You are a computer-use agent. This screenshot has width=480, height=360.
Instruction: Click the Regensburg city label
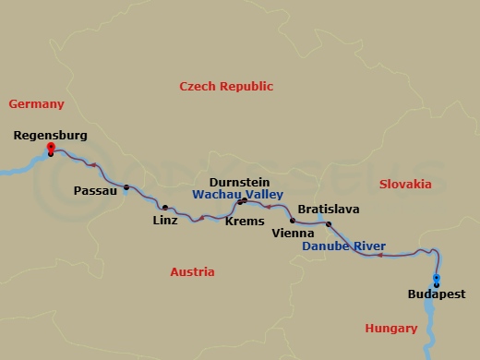tap(51, 136)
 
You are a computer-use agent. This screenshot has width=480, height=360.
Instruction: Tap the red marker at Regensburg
tap(51, 147)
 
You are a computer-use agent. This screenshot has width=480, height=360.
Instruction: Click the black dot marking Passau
tap(126, 188)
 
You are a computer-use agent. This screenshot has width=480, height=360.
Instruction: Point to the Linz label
tap(165, 222)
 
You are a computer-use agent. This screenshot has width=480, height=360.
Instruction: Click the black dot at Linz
tap(165, 208)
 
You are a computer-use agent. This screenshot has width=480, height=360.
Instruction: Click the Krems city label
tap(245, 222)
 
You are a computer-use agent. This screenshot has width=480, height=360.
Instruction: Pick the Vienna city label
tap(294, 234)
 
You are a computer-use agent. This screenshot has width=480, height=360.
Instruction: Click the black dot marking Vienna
tap(293, 221)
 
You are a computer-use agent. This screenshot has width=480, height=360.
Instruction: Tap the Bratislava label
tap(328, 210)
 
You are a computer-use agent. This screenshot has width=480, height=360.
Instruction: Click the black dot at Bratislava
tap(329, 223)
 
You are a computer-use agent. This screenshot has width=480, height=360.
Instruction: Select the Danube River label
tap(344, 246)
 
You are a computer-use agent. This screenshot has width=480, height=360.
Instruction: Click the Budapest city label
tap(436, 295)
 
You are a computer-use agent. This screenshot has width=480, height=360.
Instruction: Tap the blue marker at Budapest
tap(436, 278)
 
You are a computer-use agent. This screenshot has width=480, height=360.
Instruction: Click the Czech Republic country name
tap(226, 86)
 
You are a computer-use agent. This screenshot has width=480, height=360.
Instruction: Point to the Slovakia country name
tap(405, 185)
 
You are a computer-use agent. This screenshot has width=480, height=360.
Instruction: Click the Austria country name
tap(192, 272)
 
